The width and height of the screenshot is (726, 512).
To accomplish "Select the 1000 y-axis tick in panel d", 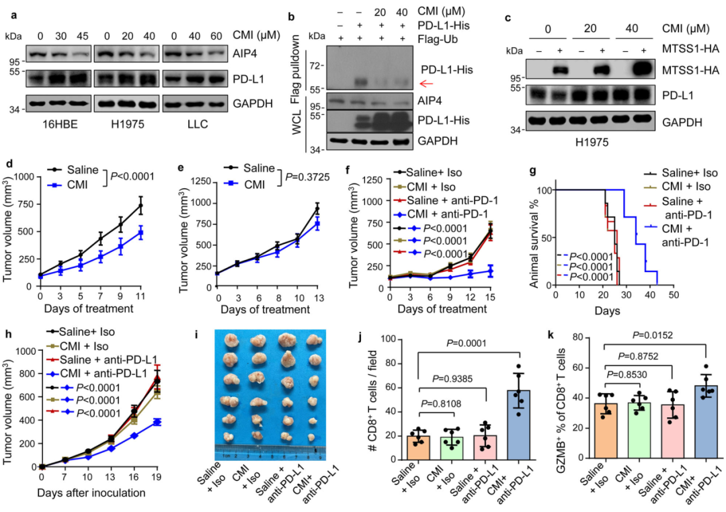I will pyautogui.click(x=26, y=177).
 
